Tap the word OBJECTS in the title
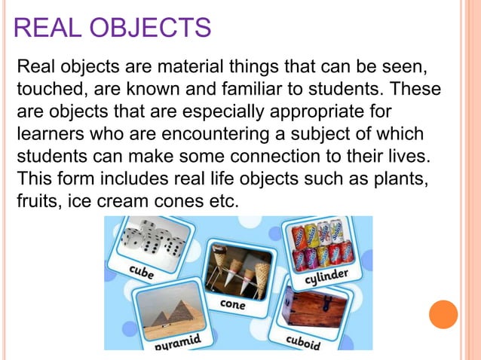(148, 29)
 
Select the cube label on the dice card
(142, 272)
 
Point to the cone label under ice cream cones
(232, 304)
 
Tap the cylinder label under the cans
(326, 278)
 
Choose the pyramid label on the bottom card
(178, 343)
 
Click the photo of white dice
(155, 239)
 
